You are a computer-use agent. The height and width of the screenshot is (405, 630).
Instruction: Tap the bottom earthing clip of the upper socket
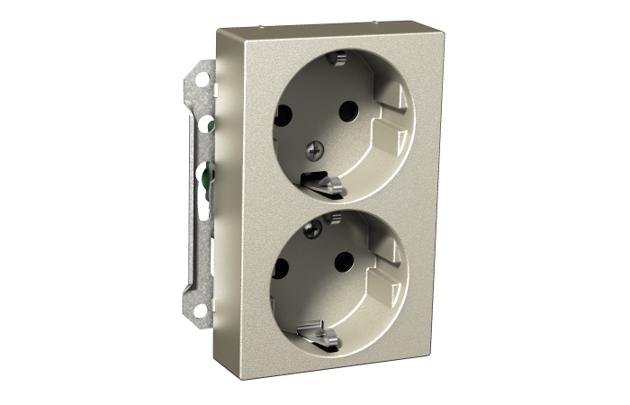pos(326,184)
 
